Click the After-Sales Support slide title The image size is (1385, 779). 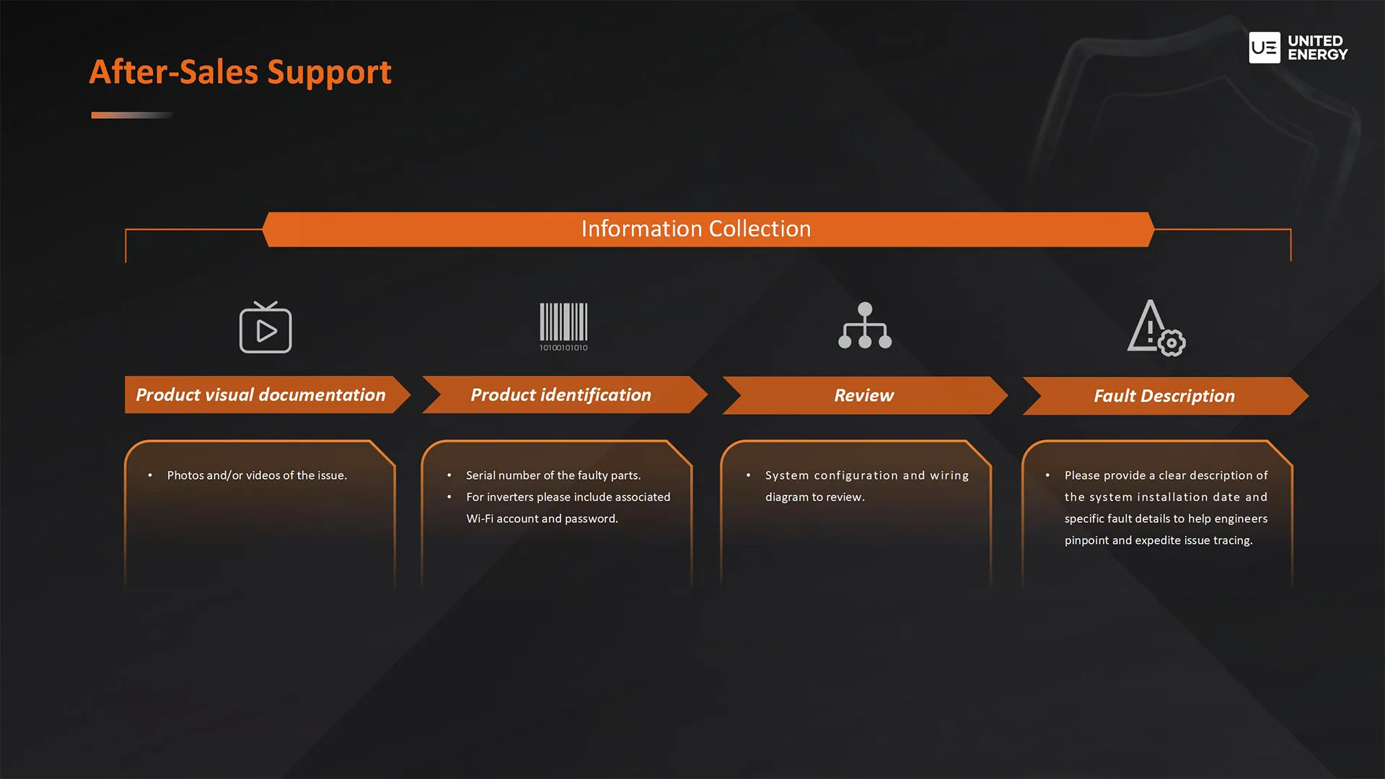pos(240,72)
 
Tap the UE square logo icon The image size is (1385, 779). pos(1265,48)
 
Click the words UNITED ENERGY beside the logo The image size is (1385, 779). pos(1317,48)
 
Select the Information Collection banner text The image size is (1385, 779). pos(696,229)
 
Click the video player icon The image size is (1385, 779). pos(265,327)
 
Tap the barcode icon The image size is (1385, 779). pos(563,327)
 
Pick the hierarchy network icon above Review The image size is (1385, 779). pos(865,325)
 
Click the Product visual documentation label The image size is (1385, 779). pos(260,395)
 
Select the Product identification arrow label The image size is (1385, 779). pos(560,395)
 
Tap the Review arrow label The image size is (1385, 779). pos(863,395)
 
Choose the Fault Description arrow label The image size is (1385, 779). pos(1164,396)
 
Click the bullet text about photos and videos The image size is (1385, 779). pos(257,475)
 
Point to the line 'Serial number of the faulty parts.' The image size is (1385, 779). pos(553,475)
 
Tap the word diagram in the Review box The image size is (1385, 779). pos(787,497)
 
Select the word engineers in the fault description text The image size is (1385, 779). pos(1241,519)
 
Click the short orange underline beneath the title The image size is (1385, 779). pos(132,115)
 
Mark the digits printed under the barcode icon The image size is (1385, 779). pos(563,348)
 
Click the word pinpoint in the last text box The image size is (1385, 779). pos(1086,540)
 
